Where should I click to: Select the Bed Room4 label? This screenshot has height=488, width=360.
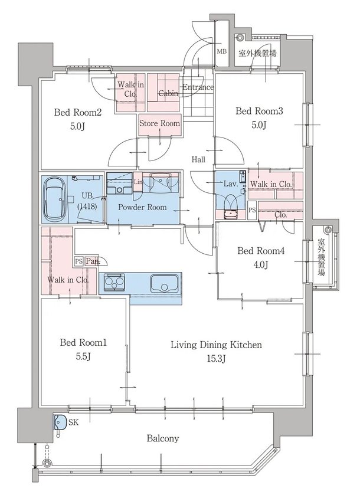pos(261,250)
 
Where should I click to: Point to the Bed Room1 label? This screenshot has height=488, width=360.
pos(82,342)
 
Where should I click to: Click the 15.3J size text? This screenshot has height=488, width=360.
pos(216,359)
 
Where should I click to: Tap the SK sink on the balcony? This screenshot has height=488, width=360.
pos(59,423)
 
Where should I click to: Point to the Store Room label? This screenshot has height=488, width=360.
pos(159,123)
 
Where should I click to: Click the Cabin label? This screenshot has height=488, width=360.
pos(168,93)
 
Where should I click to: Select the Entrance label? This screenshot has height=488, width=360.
pos(198,88)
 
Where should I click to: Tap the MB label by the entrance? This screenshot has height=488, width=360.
pos(222,51)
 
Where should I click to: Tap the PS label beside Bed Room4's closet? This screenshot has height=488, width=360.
pos(252,210)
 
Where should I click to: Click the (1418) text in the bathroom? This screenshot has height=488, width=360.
pos(87,207)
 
